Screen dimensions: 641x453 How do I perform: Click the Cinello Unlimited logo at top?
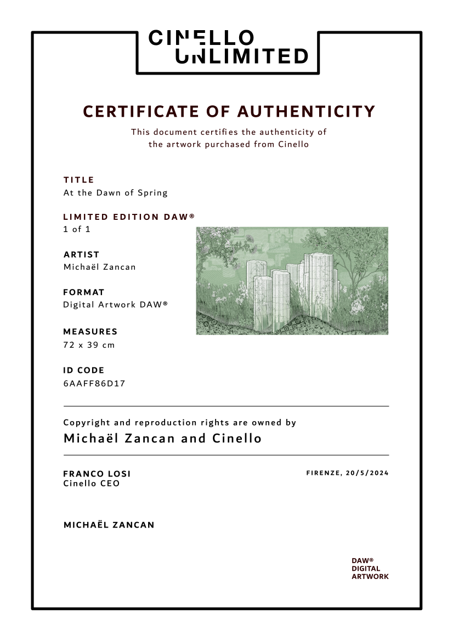pos(228,47)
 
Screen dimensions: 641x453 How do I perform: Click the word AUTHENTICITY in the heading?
pos(307,111)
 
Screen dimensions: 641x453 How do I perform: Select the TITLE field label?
pos(79,180)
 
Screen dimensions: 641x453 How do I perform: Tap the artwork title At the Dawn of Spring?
pos(115,192)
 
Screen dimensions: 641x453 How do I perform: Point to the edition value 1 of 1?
pos(77,229)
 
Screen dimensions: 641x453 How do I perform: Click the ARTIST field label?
pos(81,254)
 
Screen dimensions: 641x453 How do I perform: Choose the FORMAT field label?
pos(83,292)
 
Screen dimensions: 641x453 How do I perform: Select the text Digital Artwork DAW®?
pos(115,304)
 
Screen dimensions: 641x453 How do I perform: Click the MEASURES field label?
pos(90,332)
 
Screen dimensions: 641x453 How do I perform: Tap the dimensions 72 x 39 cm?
pos(89,345)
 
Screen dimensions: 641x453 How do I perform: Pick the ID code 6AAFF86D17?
pos(94,383)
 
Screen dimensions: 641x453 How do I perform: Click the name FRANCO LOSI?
pos(97,474)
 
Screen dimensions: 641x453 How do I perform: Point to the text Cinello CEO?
pos(91,484)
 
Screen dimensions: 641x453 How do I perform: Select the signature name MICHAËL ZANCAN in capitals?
pos(109,525)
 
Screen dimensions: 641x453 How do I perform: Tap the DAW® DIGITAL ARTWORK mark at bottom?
pos(370,569)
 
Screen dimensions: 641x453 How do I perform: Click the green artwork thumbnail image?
pos(292,280)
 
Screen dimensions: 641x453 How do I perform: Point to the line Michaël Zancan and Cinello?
pos(162,439)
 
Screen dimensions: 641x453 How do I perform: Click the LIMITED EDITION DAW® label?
pos(129,217)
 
